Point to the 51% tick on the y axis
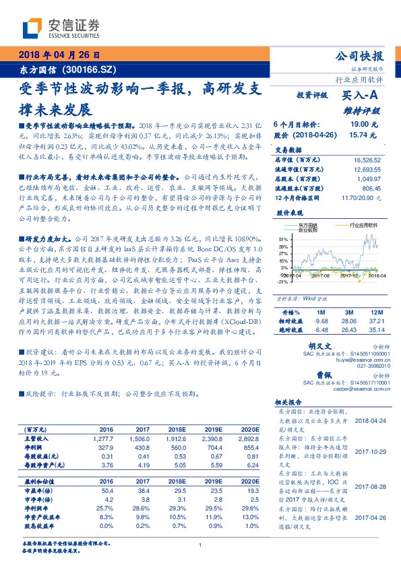point(281,240)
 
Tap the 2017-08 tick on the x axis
point(314,275)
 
